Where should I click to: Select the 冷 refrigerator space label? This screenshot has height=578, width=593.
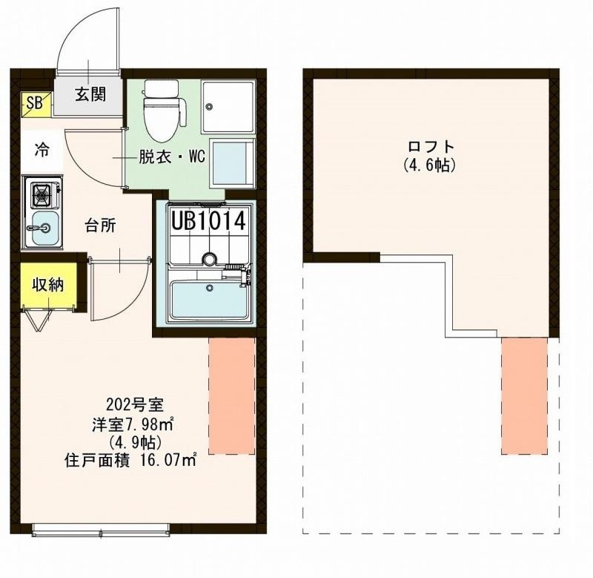point(42,149)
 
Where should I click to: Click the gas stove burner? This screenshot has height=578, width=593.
point(42,196)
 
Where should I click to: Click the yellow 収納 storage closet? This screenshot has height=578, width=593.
point(47,283)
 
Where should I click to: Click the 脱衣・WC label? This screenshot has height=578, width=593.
point(171,157)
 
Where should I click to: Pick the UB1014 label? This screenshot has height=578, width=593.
point(208,220)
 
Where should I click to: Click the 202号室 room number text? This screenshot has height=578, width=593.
point(130,406)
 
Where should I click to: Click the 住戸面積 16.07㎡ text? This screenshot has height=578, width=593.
point(130,460)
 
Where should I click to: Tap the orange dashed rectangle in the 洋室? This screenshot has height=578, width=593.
point(231,395)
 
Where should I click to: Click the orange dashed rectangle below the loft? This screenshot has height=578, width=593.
point(524,395)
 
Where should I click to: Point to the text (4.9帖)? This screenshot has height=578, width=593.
point(130,442)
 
